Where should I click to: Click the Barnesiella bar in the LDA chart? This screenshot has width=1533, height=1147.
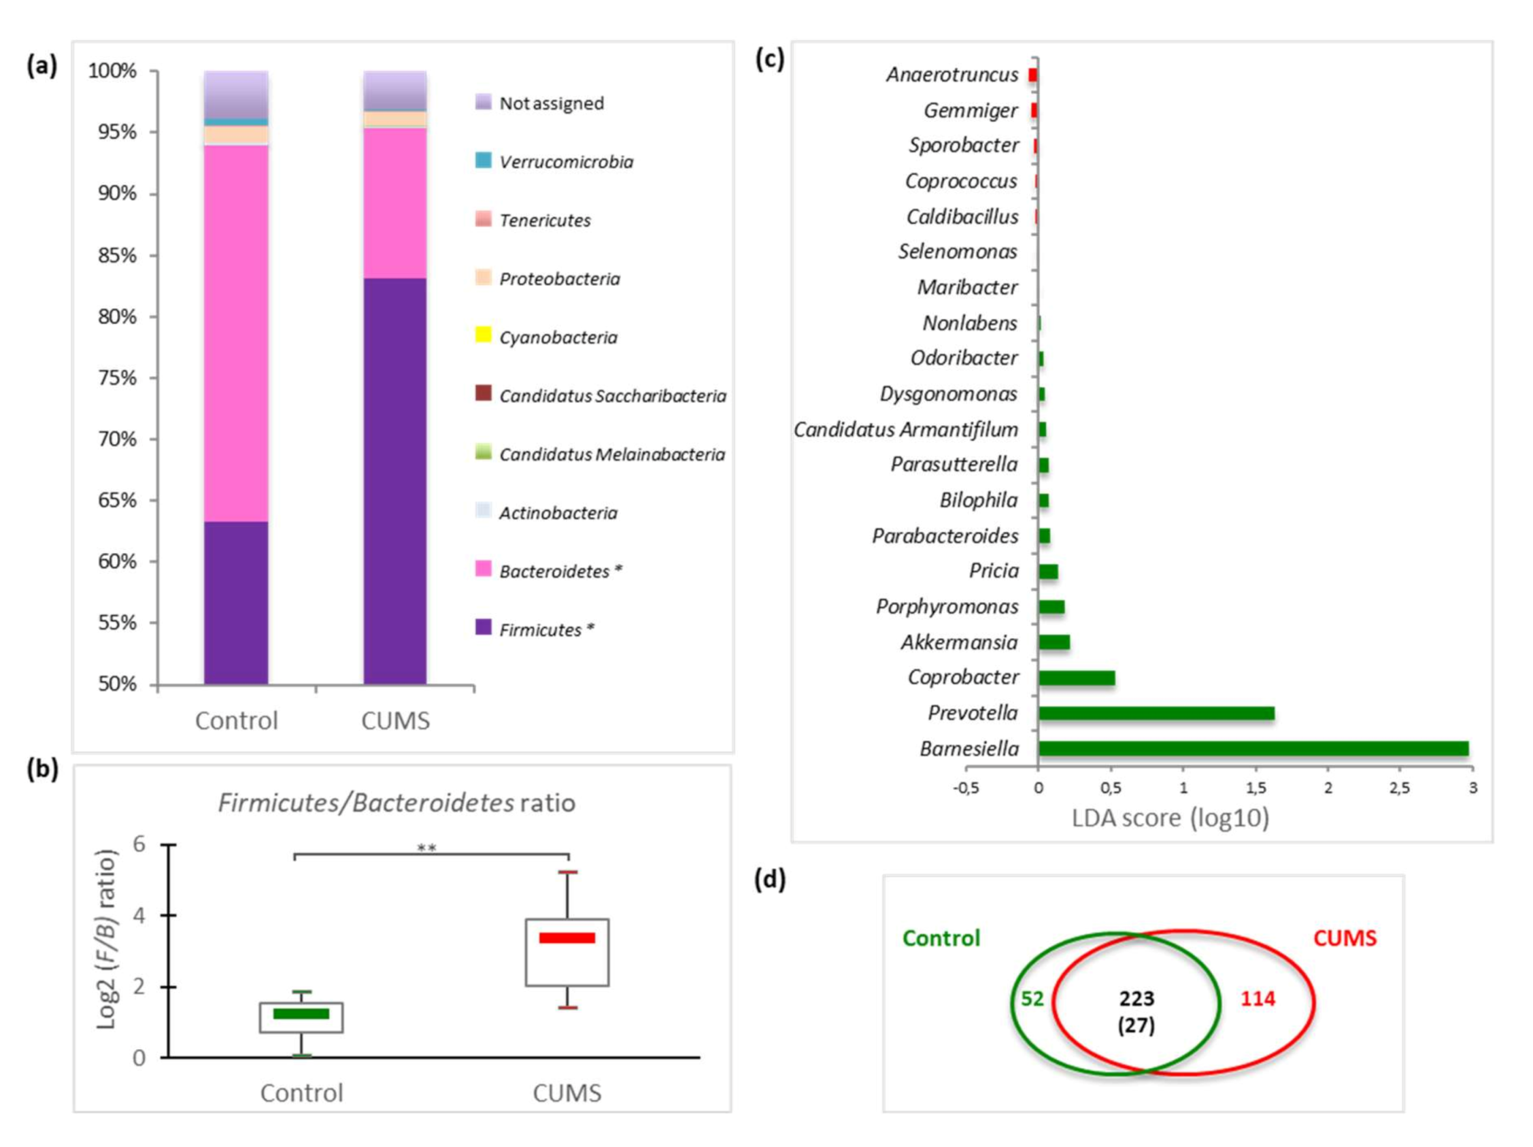coord(1253,748)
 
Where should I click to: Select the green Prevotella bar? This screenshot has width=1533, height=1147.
coord(1156,713)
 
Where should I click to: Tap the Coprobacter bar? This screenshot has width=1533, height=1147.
coord(1076,678)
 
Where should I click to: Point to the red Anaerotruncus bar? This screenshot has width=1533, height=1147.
coord(1032,75)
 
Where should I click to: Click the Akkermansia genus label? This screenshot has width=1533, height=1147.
coord(959,642)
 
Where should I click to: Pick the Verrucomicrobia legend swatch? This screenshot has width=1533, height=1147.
coord(483,161)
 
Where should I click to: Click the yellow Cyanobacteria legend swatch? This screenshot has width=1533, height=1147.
coord(483,336)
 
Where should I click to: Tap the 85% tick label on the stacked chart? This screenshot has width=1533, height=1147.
coord(117,256)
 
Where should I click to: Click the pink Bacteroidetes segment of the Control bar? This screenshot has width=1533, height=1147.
coord(235,333)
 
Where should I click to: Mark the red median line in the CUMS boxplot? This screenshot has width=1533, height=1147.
coord(567,937)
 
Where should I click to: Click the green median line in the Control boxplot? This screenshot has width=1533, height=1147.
coord(301,1014)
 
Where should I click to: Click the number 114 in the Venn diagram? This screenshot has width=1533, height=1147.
coord(1257,999)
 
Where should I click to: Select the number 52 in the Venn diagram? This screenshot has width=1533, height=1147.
coord(1032,999)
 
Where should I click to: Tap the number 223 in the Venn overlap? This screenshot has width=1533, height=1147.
coord(1136,999)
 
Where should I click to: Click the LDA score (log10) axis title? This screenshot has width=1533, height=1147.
coord(1170,818)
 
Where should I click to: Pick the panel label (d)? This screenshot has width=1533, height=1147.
coord(770,880)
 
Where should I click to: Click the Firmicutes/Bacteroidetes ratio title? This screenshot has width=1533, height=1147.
coord(397,803)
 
